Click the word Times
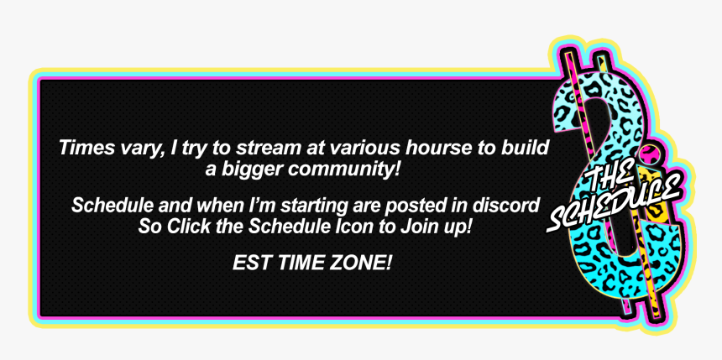[x=82, y=148]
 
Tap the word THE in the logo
[x=606, y=178]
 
